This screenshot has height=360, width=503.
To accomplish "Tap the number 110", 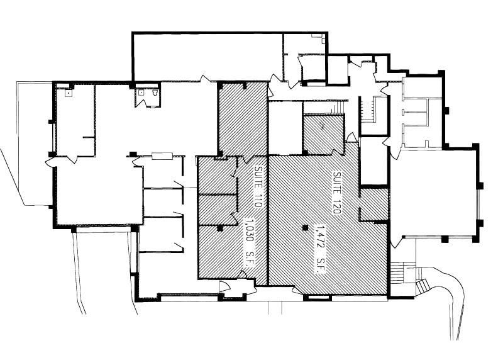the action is pos(258,201).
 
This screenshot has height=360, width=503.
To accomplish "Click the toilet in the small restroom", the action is pos(155,93).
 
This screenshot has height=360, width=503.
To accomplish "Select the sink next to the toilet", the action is pos(141,93).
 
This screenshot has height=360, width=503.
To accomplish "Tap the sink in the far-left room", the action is pos(69,93).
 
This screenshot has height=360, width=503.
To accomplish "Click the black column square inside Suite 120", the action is pos(306,228).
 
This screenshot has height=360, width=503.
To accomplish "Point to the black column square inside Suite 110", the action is pos(219,228).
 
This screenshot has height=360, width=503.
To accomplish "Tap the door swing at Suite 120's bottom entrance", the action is pos(297,291).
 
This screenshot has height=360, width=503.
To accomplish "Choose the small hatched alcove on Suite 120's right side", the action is pos(373,205).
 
